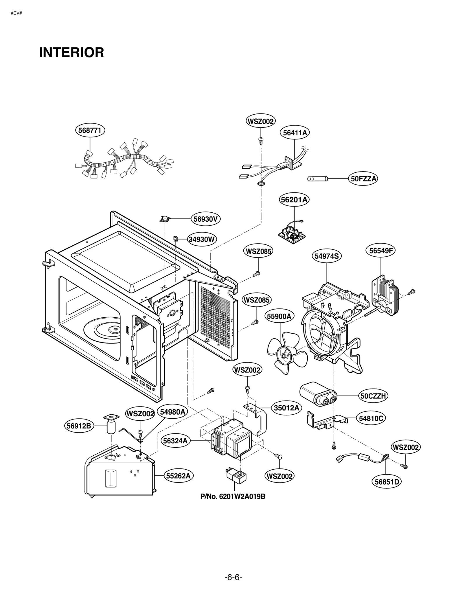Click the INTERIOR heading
point(71,53)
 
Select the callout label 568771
point(90,130)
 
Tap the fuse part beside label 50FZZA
point(318,179)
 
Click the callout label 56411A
point(295,133)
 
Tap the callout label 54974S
point(327,256)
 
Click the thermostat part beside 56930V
point(165,219)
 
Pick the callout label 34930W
point(201,239)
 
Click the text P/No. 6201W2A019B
point(233,496)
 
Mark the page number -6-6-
point(233,577)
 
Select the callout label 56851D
point(386,482)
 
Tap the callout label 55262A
point(178,476)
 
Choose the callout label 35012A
point(286,408)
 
